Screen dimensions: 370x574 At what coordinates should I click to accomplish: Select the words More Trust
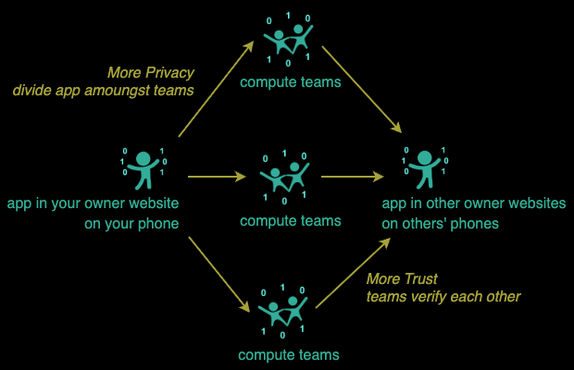pos(402,278)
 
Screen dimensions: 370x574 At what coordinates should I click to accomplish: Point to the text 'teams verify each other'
pos(443,296)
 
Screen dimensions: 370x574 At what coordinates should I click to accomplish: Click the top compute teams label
pos(290,82)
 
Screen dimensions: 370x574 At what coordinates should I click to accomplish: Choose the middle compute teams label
pos(290,220)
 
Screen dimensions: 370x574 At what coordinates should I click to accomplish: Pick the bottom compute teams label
pos(288,354)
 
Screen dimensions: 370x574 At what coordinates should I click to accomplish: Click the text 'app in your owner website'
pos(93,203)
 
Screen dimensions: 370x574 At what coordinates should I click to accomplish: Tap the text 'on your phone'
pos(93,223)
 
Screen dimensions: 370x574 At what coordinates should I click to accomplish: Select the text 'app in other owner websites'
pos(474,203)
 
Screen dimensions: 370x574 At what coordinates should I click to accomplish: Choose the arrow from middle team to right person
pos(353,176)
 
